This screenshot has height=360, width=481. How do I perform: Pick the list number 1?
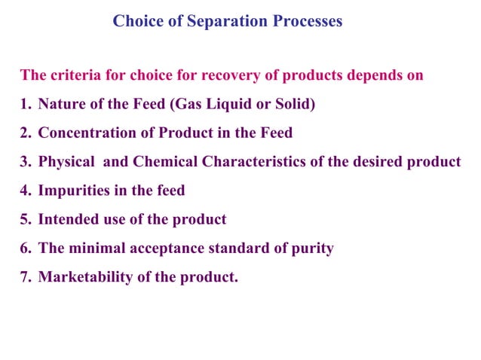[x=25, y=104]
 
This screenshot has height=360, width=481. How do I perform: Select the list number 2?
[x=26, y=133]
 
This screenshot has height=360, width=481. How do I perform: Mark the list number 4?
[x=26, y=191]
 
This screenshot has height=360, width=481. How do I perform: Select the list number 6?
[x=26, y=249]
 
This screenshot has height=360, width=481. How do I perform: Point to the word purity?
[x=312, y=249]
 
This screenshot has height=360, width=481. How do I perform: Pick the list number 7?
[x=26, y=277]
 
